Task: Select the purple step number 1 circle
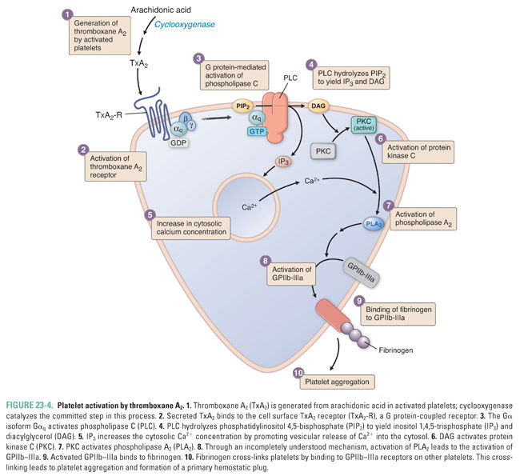66,14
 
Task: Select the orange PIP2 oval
243,106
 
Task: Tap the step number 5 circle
150,215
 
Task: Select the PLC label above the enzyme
291,79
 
